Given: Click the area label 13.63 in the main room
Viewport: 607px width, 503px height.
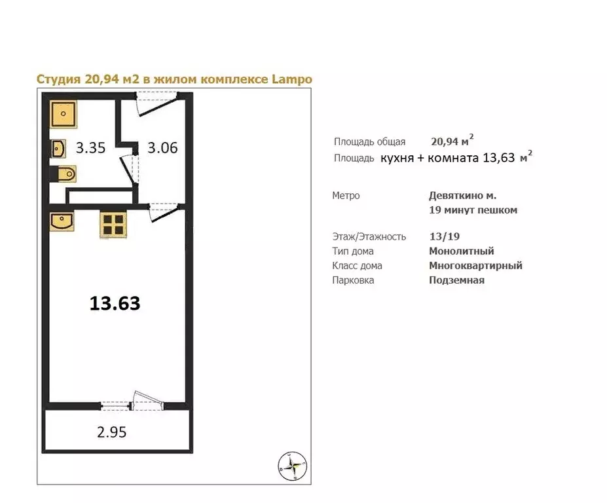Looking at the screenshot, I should tap(115, 304).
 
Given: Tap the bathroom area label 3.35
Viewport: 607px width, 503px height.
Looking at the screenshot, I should tap(90, 148).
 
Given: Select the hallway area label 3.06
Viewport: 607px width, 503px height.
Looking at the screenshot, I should tap(162, 148).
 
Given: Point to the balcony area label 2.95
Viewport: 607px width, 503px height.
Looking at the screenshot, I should tap(111, 432).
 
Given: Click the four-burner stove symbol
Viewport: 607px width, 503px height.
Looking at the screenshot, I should tap(112, 224).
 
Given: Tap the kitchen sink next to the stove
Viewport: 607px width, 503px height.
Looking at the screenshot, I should tap(62, 221).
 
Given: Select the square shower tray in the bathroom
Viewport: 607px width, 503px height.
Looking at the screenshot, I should tap(63, 115).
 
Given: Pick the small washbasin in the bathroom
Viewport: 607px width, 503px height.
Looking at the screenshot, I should tap(58, 149).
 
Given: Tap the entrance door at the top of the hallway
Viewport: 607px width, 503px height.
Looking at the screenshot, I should tap(157, 103).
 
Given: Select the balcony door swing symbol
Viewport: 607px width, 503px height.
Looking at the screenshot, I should tap(145, 400).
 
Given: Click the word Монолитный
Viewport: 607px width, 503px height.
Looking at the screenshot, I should tap(461, 251).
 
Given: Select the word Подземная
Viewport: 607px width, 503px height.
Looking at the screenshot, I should tap(456, 280).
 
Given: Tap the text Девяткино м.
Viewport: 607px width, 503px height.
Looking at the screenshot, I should tap(462, 195).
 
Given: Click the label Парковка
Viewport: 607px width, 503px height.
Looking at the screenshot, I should tap(353, 280).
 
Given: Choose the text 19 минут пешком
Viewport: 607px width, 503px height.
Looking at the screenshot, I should tap(473, 210).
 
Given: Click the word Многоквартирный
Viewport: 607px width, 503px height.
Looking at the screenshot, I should tap(475, 265).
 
